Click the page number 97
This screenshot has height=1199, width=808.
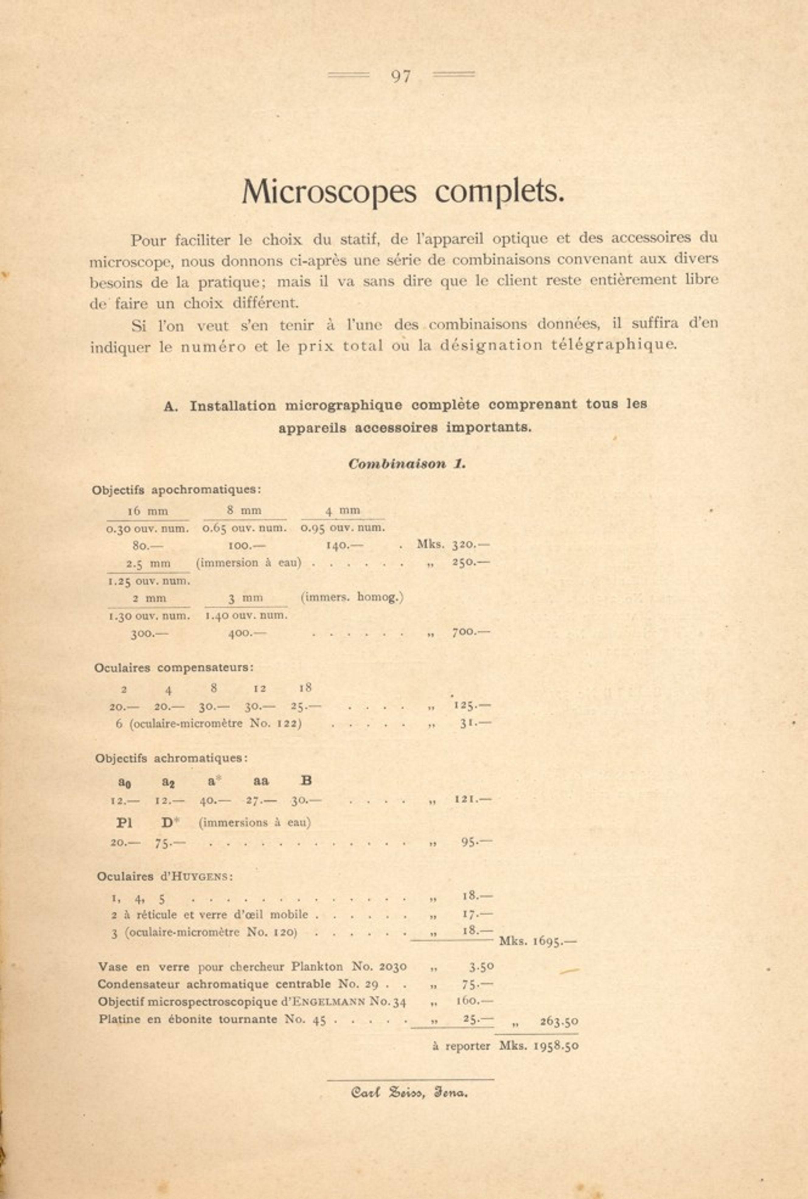click(x=401, y=76)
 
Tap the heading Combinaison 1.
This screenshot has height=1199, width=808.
click(x=406, y=464)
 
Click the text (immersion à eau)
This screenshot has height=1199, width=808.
click(x=248, y=563)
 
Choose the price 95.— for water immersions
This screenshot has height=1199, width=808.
click(x=475, y=843)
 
